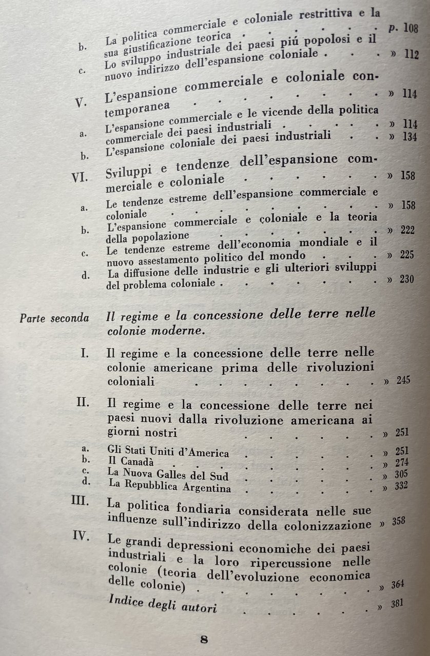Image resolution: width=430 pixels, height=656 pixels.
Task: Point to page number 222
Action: pyautogui.click(x=408, y=231)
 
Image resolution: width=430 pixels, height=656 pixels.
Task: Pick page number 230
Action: pyautogui.click(x=407, y=279)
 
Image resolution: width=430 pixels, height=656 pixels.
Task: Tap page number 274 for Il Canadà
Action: pyautogui.click(x=402, y=464)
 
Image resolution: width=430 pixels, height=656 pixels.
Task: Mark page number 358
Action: pyautogui.click(x=398, y=521)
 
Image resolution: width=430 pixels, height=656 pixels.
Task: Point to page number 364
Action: pyautogui.click(x=398, y=584)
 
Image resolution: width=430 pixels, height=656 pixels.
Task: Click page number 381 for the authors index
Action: pyautogui.click(x=396, y=604)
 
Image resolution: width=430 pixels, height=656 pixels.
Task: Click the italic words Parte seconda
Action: pyautogui.click(x=54, y=318)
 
